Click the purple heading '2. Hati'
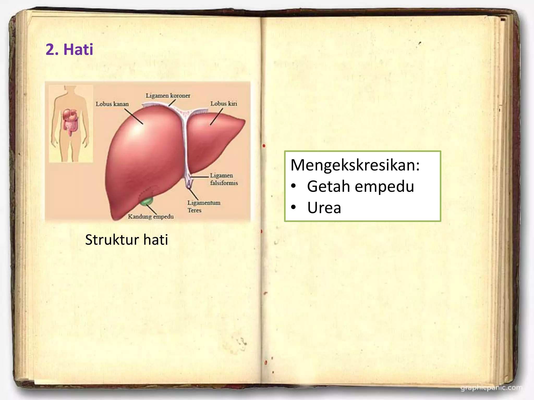coord(69,49)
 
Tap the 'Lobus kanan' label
coord(112,104)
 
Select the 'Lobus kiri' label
coord(224,104)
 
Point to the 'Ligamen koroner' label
coord(168,96)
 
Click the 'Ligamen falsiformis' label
coord(224,179)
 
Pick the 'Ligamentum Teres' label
coord(204,206)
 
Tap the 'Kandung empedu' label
coord(151,216)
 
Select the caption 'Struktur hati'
coord(126,240)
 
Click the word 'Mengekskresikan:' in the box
coord(355,165)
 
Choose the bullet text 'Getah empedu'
coord(360,186)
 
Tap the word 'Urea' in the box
coord(324,208)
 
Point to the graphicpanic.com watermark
coord(491,388)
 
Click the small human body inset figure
coord(71,123)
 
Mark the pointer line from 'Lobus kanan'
coord(133,116)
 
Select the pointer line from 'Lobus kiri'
coord(216,117)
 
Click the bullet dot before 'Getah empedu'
coord(294,186)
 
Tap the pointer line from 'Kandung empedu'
coord(151,209)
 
